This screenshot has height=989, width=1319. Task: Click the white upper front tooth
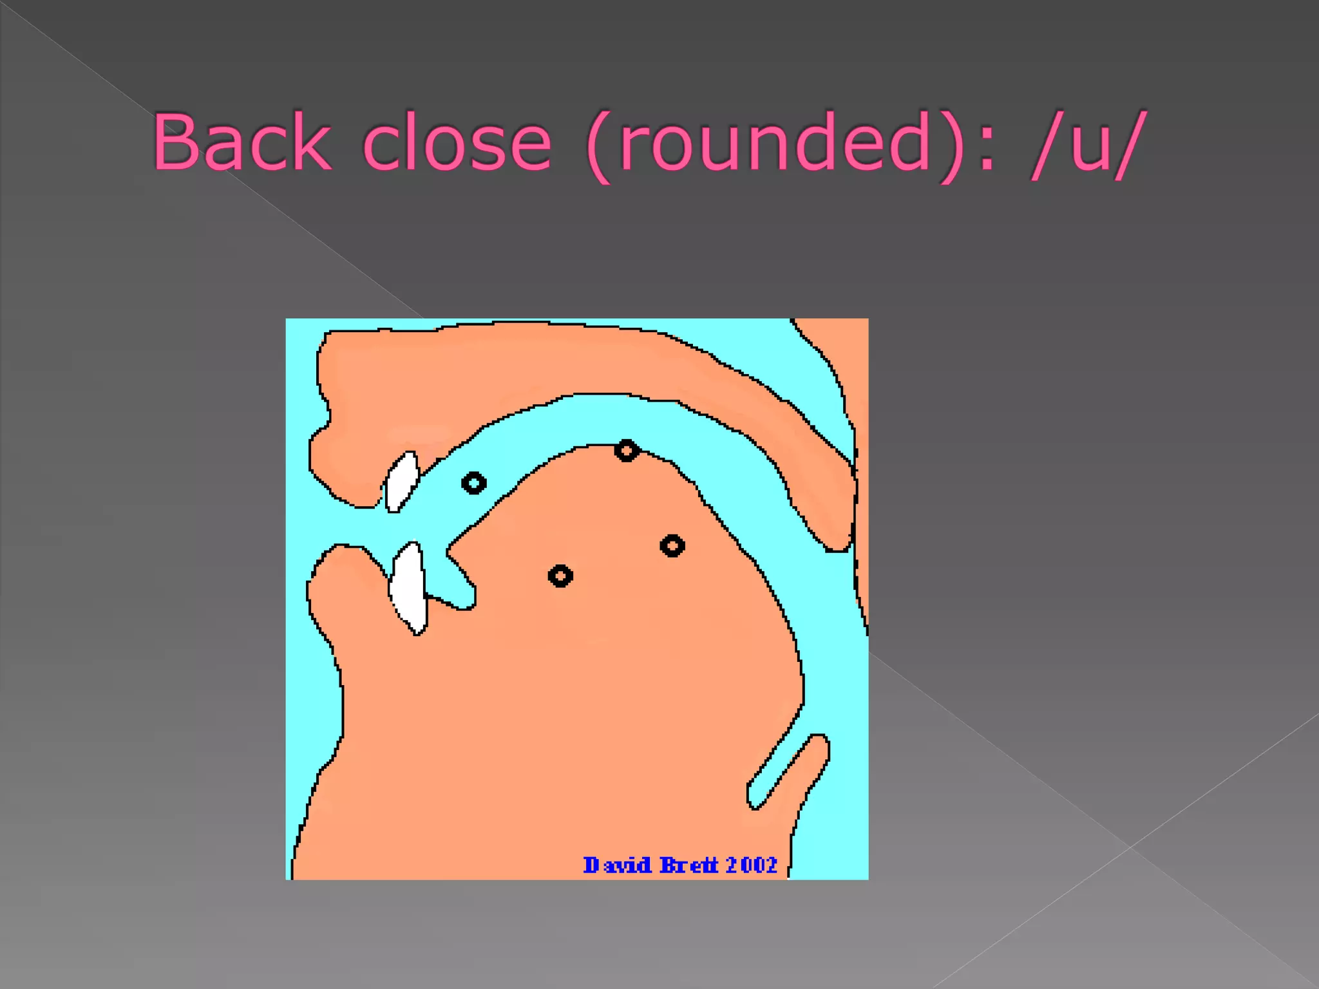(x=401, y=481)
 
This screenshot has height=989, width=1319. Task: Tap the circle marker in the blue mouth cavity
(x=474, y=483)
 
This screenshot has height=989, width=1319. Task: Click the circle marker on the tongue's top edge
(x=627, y=450)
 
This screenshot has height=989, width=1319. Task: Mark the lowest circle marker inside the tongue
(x=560, y=576)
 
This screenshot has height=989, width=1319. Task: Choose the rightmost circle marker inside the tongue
(x=672, y=546)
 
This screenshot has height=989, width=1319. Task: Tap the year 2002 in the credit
(x=752, y=865)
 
